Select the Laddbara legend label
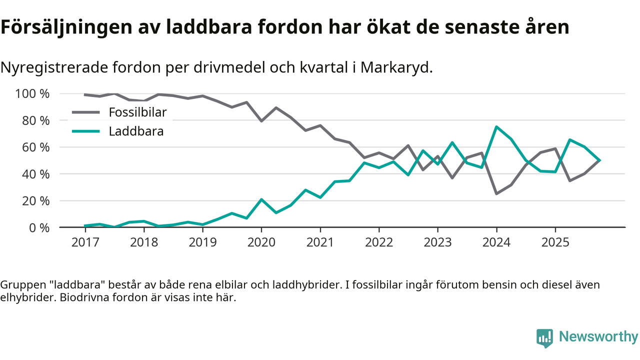click(136, 131)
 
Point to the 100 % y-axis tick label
click(32, 94)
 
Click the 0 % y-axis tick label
click(39, 227)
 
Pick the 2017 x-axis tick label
click(85, 242)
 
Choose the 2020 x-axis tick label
click(261, 242)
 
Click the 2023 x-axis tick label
click(437, 242)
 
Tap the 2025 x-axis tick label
click(555, 242)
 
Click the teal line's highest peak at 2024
click(496, 127)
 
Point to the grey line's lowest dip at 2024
click(496, 193)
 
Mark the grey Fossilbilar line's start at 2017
click(85, 94)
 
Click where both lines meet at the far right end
click(599, 160)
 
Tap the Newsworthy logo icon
click(544, 337)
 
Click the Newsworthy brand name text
click(598, 337)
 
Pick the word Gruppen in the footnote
click(17, 285)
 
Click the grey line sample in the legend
click(86, 112)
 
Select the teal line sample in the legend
click(86, 131)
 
